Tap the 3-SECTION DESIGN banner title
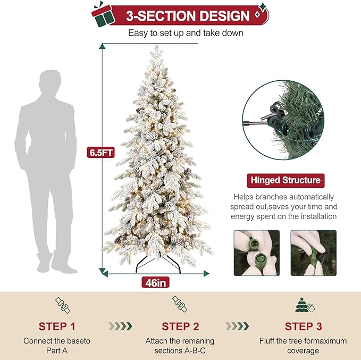coord(187,15)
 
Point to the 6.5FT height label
coord(101,152)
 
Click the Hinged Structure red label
coord(285,180)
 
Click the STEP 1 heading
coord(60,326)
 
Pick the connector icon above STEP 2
coord(180,305)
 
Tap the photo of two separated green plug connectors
coord(256,253)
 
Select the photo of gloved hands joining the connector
coord(313,253)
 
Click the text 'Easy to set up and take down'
coord(186,33)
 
